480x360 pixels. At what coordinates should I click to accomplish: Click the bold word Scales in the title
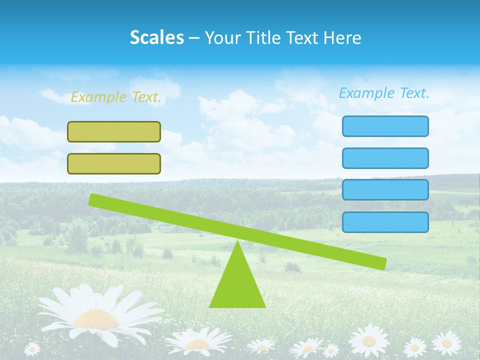pyautogui.click(x=157, y=37)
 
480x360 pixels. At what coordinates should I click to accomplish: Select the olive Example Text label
pyautogui.click(x=116, y=97)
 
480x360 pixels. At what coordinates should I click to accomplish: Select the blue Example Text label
pyautogui.click(x=384, y=93)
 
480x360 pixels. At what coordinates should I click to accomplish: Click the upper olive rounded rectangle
pyautogui.click(x=114, y=131)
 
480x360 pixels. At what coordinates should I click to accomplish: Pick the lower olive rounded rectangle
pyautogui.click(x=114, y=163)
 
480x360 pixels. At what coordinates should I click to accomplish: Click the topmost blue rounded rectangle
pyautogui.click(x=385, y=126)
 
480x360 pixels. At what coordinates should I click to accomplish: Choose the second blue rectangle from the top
pyautogui.click(x=385, y=158)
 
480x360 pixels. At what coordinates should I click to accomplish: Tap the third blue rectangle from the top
pyautogui.click(x=385, y=190)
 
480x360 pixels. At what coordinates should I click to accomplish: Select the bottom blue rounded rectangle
pyautogui.click(x=385, y=222)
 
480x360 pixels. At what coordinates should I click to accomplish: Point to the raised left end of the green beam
pyautogui.click(x=93, y=199)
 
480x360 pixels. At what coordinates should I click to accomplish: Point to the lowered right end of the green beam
pyautogui.click(x=382, y=263)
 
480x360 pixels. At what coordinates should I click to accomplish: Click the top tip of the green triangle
pyautogui.click(x=237, y=242)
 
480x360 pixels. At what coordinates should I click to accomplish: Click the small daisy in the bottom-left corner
pyautogui.click(x=32, y=348)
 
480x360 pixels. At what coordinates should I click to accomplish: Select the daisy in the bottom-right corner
pyautogui.click(x=446, y=343)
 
